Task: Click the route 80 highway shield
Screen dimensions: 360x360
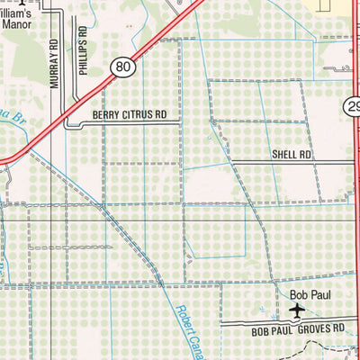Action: (123, 67)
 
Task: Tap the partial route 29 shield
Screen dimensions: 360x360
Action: (352, 107)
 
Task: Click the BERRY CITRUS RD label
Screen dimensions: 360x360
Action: (130, 115)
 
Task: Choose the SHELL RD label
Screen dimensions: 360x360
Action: (292, 155)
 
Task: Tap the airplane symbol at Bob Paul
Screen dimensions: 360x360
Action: (298, 310)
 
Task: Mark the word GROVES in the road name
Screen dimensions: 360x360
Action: (298, 330)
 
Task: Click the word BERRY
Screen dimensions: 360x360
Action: (105, 115)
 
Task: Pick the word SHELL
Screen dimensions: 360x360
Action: (285, 155)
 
